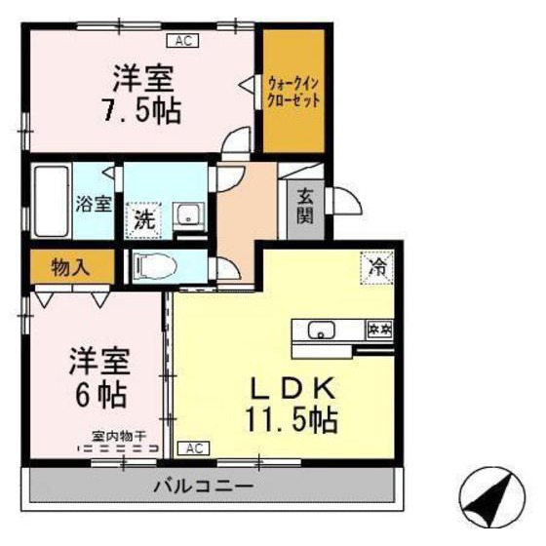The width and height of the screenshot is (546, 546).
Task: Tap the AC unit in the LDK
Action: tap(193, 448)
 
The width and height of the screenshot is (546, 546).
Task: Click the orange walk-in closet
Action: tap(294, 94)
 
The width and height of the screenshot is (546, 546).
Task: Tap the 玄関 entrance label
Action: tap(305, 206)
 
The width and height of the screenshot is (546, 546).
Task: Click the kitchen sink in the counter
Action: tap(321, 330)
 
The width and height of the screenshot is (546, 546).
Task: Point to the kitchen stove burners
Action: tap(378, 329)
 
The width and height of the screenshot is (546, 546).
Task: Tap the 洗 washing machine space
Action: tap(143, 216)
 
